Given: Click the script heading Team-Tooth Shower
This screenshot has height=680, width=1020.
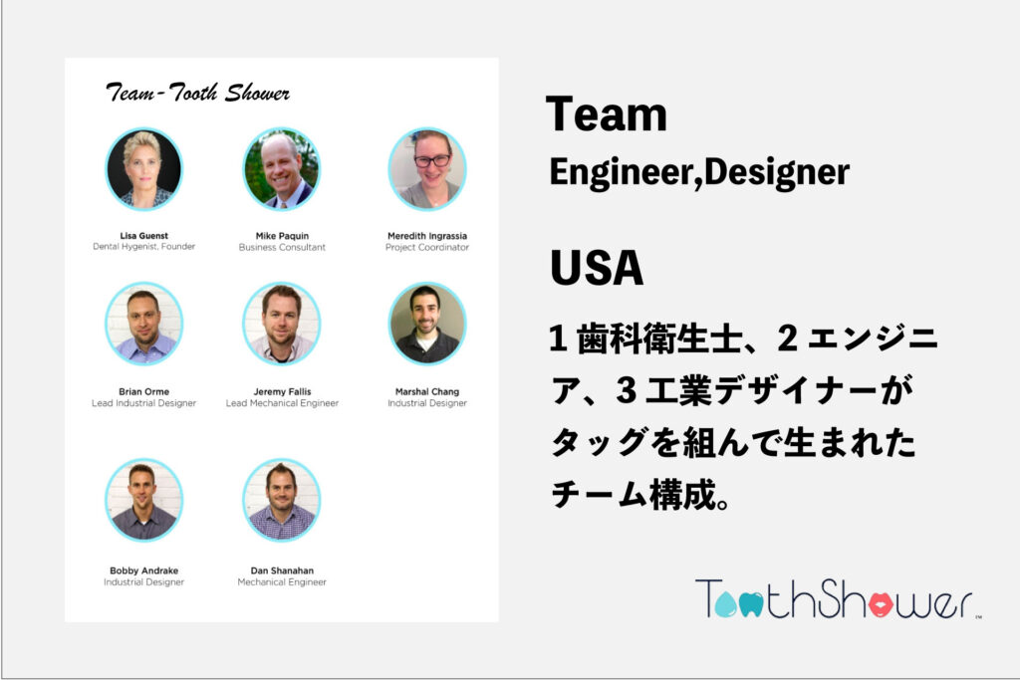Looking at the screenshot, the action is click(x=197, y=93).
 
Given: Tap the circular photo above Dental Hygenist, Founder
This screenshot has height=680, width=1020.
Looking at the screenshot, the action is click(x=143, y=169).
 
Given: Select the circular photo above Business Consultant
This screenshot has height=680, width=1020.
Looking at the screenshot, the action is click(x=282, y=169).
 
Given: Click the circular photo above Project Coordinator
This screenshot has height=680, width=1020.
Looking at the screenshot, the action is click(x=427, y=169).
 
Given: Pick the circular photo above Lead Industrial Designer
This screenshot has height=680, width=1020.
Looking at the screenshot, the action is click(x=143, y=324).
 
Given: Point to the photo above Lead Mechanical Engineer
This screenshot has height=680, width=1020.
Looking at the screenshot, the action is click(x=282, y=324).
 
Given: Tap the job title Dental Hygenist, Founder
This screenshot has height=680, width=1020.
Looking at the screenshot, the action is click(x=143, y=246).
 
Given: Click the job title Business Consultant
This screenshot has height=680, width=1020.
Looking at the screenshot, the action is click(x=282, y=247).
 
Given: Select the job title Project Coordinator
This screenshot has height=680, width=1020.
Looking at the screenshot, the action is click(x=426, y=247).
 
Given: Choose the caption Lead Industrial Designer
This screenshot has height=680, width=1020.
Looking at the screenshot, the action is click(x=143, y=403).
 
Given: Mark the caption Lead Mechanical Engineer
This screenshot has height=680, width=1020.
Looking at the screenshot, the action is click(x=282, y=403).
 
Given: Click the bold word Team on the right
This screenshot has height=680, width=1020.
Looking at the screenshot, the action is click(x=607, y=114).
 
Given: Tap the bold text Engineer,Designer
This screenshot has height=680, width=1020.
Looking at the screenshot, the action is click(x=699, y=173).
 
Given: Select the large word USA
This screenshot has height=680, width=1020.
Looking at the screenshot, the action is click(x=597, y=267).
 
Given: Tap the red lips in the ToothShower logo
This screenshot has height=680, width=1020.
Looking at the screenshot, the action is click(x=881, y=604).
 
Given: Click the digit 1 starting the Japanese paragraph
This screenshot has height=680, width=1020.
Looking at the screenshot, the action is click(x=558, y=339).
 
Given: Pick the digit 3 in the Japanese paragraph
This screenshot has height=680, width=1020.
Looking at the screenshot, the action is click(x=626, y=390).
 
